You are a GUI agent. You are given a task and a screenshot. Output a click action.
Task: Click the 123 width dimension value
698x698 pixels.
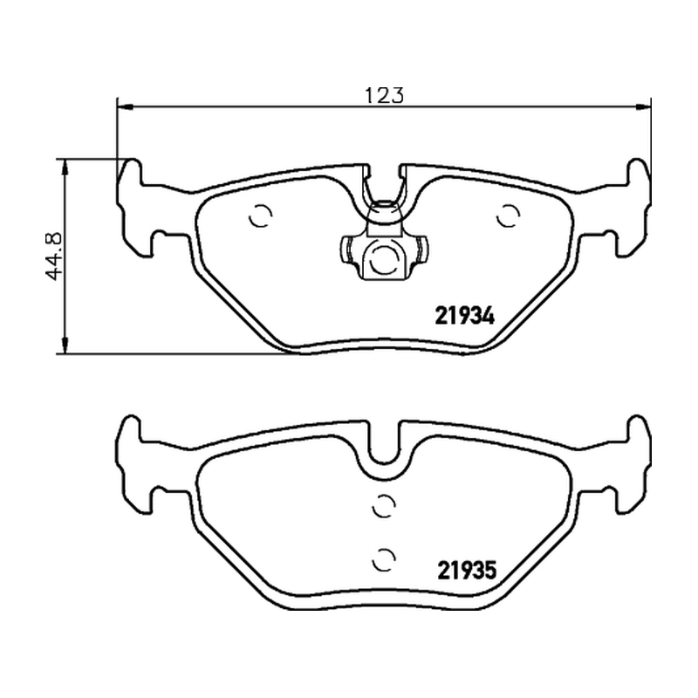(384, 95)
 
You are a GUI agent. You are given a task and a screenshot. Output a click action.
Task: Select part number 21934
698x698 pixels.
(464, 317)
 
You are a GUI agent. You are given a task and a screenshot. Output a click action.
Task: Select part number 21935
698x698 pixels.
(467, 571)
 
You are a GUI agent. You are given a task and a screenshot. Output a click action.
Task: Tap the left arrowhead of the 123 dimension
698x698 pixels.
(125, 106)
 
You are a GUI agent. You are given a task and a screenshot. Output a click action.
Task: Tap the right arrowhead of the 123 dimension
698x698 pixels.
(643, 106)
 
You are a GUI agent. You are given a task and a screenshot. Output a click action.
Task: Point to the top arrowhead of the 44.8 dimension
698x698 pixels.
(65, 168)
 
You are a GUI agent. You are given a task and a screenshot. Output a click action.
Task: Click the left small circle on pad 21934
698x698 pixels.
(261, 216)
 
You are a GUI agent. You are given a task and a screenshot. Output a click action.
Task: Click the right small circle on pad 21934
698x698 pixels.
(508, 216)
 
